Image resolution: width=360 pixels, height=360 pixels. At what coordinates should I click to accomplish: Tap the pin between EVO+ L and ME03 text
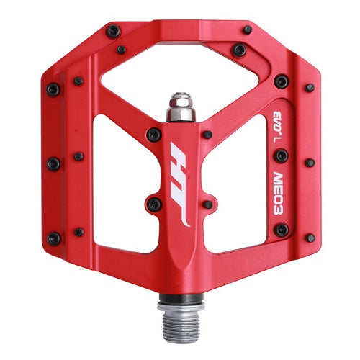click(281, 155)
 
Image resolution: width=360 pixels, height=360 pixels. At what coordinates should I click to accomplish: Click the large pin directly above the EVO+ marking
click(281, 81)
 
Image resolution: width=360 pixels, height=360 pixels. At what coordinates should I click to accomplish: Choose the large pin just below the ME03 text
click(281, 230)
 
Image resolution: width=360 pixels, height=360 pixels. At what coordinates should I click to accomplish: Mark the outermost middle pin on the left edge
click(53, 164)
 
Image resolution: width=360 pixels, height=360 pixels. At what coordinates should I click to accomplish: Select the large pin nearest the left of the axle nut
click(153, 135)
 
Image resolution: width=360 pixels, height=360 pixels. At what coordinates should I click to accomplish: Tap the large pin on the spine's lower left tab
click(153, 204)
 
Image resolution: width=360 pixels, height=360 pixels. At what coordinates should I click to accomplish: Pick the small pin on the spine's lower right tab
click(207, 204)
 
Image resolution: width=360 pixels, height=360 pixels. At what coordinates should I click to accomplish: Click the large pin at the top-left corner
click(113, 31)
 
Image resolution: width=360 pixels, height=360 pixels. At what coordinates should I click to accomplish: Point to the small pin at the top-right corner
click(247, 30)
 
